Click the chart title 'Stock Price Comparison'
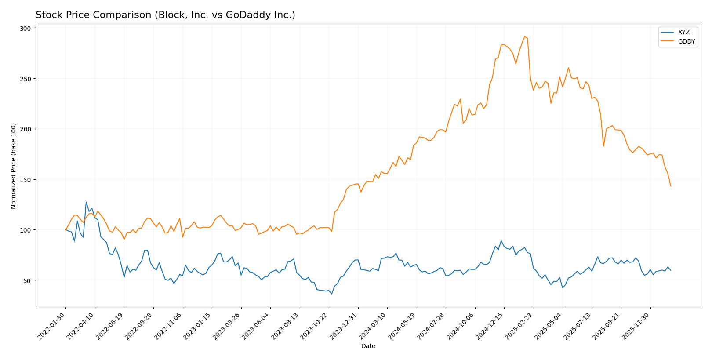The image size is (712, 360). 165,15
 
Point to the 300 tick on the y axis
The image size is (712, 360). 25,29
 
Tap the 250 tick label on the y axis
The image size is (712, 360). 25,79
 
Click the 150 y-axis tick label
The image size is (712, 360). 25,180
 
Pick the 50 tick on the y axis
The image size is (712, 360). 27,280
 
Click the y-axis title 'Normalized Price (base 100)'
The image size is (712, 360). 14,166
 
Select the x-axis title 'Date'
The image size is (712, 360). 368,346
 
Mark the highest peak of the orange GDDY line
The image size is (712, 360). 524,36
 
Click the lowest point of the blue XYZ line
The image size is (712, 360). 332,294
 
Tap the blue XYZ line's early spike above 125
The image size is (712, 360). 86,202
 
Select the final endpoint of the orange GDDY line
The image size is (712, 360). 671,186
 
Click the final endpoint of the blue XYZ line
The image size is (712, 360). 671,270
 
